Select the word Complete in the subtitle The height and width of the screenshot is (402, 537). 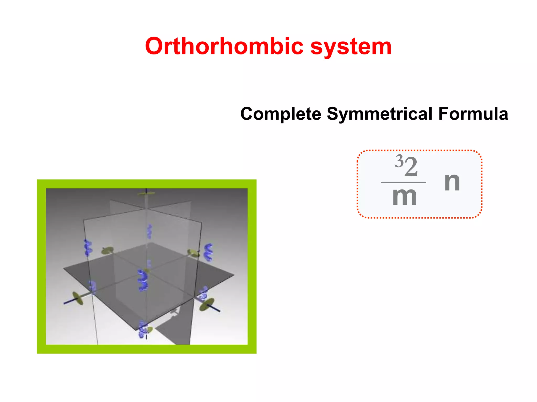(x=281, y=114)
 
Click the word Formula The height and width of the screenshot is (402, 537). (x=473, y=114)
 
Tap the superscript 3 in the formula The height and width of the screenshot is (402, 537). (x=399, y=161)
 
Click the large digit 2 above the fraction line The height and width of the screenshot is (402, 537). (x=411, y=167)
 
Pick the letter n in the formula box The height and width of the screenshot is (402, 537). (x=452, y=182)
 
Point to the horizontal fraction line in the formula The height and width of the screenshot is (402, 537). (x=404, y=182)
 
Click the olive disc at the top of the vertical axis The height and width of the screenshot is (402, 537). (x=146, y=193)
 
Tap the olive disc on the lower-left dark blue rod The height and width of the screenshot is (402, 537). (x=78, y=298)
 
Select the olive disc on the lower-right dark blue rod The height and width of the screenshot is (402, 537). (x=206, y=305)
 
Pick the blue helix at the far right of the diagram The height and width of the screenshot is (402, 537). (x=208, y=252)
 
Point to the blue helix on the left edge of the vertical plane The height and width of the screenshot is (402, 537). (x=88, y=247)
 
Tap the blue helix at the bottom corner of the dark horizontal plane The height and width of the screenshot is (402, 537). (x=143, y=329)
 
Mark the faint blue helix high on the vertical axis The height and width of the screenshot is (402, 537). (x=149, y=231)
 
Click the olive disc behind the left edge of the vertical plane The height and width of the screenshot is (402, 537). (x=108, y=250)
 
